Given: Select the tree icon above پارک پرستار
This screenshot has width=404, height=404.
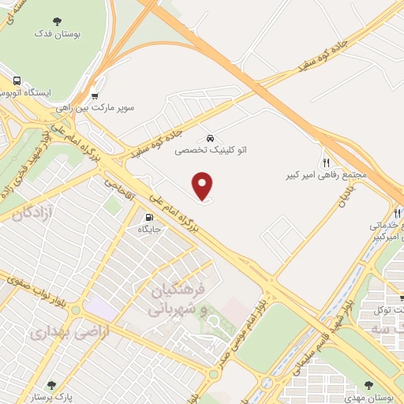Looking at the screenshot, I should click(51, 385).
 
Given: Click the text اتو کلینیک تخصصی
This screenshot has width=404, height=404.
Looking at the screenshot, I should click(209, 148).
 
